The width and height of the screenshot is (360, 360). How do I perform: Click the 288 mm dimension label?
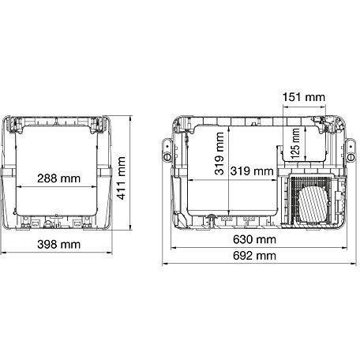[58, 178]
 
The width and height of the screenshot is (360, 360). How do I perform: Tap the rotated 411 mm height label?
[121, 178]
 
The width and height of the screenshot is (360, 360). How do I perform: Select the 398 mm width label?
[58, 245]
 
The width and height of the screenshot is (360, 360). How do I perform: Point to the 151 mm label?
[304, 97]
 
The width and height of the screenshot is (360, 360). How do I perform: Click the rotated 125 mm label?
[295, 144]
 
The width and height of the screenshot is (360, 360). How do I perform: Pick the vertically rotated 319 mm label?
[219, 153]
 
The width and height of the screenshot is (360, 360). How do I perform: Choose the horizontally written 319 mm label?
[252, 171]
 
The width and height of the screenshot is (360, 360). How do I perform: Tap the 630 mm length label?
[254, 239]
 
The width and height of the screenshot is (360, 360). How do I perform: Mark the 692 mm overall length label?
[254, 256]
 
